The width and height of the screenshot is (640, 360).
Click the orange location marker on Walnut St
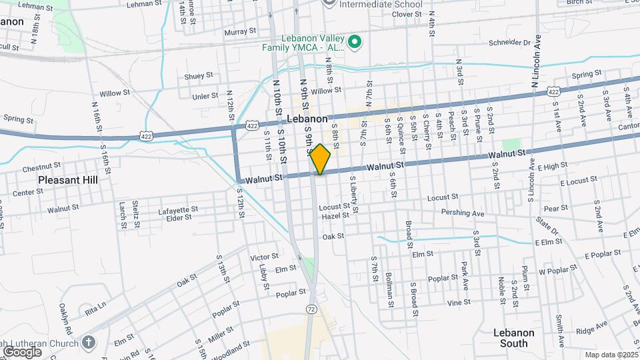[x=320, y=159]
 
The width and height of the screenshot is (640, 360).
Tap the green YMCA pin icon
[x=355, y=41]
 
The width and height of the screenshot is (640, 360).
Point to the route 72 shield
[x=312, y=309]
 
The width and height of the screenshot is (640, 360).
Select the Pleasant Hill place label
[x=67, y=180]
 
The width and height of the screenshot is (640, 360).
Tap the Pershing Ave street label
[x=462, y=213]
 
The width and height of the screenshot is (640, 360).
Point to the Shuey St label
[x=199, y=76]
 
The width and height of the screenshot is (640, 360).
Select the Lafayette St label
[x=178, y=210]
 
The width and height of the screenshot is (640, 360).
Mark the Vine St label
[x=459, y=302]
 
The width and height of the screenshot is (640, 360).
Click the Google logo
[x=22, y=351]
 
